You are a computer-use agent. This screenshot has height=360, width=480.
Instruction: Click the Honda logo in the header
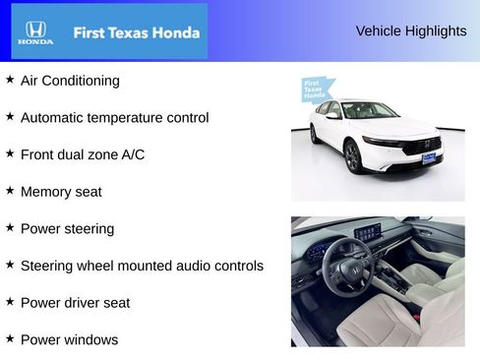pyautogui.click(x=35, y=32)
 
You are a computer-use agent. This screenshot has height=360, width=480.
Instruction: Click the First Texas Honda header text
pyautogui.click(x=137, y=32)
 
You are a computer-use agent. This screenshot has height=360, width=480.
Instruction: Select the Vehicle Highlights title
pyautogui.click(x=411, y=30)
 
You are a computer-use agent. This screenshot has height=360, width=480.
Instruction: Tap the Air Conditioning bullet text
pyautogui.click(x=70, y=81)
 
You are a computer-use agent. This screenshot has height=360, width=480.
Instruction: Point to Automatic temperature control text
pyautogui.click(x=114, y=118)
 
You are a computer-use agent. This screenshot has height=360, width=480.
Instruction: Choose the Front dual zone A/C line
pyautogui.click(x=83, y=154)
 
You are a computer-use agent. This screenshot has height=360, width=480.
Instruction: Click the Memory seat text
pyautogui.click(x=66, y=192)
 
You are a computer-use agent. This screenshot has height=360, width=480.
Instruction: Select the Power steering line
pyautogui.click(x=67, y=229)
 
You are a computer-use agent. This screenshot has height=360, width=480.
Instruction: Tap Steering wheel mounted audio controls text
pyautogui.click(x=142, y=266)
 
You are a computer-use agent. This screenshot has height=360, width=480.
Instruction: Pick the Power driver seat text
pyautogui.click(x=75, y=303)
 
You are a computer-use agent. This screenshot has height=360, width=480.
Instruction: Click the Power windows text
pyautogui.click(x=69, y=340)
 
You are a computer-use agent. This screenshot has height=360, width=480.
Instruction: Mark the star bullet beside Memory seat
pyautogui.click(x=10, y=190)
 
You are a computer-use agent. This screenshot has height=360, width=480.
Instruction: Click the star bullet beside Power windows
pyautogui.click(x=10, y=338)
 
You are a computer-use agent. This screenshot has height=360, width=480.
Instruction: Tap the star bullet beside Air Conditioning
pyautogui.click(x=10, y=79)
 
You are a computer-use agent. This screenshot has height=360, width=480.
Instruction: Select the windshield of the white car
pyautogui.click(x=369, y=111)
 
